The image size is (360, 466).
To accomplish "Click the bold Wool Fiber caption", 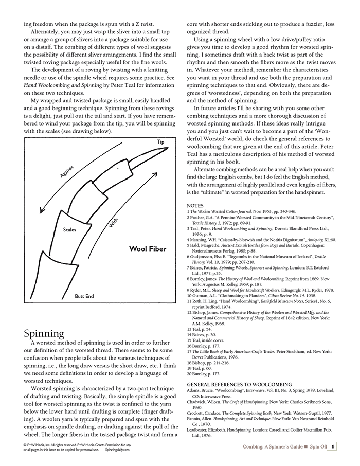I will pyautogui.click(x=148, y=249).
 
